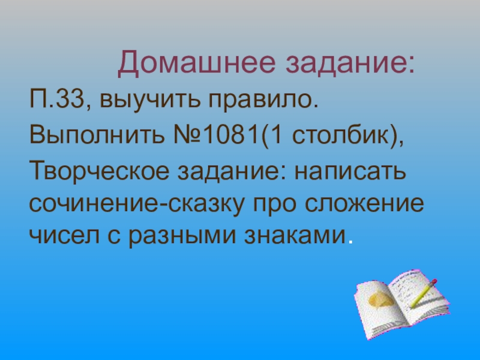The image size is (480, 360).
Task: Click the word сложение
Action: (367, 205)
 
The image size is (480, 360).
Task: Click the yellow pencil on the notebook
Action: (422, 293)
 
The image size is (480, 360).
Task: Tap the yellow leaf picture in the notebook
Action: (382, 298)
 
